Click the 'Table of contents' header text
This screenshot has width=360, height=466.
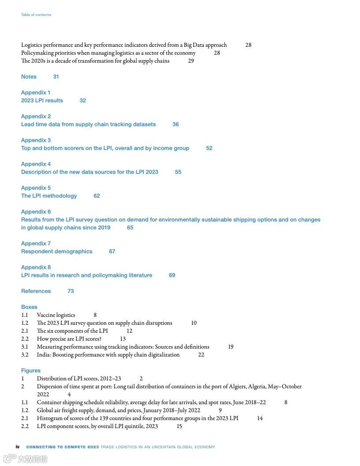[36, 15]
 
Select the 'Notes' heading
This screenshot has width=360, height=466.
[29, 77]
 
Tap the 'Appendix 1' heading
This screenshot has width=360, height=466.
[36, 93]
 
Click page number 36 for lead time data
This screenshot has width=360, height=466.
[176, 124]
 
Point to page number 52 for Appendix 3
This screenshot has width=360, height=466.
[209, 148]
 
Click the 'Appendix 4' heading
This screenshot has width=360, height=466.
[36, 164]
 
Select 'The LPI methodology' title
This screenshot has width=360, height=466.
[49, 196]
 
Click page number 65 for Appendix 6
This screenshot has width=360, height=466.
[130, 228]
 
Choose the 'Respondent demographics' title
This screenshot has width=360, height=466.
[56, 252]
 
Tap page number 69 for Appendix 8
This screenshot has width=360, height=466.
[172, 275]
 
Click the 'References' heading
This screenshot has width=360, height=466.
[36, 291]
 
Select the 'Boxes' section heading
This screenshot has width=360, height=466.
[29, 307]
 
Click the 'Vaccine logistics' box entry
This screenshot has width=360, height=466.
[56, 315]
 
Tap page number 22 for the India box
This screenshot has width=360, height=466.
[201, 355]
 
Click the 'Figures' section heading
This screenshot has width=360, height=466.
[30, 371]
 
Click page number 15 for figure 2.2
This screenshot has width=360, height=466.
[179, 426]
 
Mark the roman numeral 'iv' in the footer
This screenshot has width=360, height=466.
[18, 447]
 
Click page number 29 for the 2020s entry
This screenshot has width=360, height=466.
[191, 61]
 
